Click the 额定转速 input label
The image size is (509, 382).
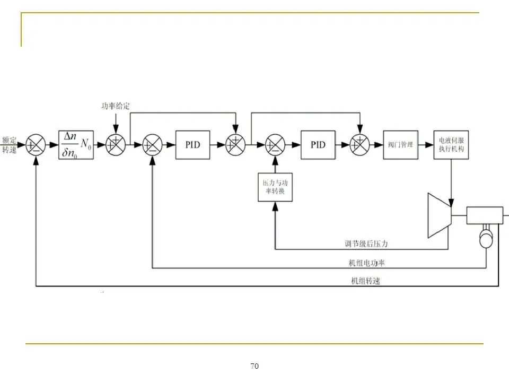point(9,145)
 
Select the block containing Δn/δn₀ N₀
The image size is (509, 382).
point(76,145)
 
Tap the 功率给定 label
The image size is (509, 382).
point(116,106)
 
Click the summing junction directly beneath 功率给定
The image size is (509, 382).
point(116,145)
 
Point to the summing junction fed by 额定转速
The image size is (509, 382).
point(36,145)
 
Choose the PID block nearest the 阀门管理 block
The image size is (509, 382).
point(318,145)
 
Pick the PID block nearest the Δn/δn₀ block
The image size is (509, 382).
point(193,145)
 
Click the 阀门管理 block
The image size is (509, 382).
point(401,145)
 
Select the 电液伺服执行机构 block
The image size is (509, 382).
point(451,145)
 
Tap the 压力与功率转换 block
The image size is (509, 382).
point(275,187)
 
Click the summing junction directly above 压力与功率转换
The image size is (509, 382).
point(275,145)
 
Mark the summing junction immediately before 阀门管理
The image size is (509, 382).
point(359,145)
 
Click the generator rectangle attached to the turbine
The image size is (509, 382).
point(485,215)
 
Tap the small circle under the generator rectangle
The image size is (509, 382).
point(486,240)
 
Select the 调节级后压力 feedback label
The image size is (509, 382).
point(366,244)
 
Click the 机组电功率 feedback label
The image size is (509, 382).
point(367,263)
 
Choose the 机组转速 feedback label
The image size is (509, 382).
point(366,281)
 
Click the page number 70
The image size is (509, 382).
point(254,366)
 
